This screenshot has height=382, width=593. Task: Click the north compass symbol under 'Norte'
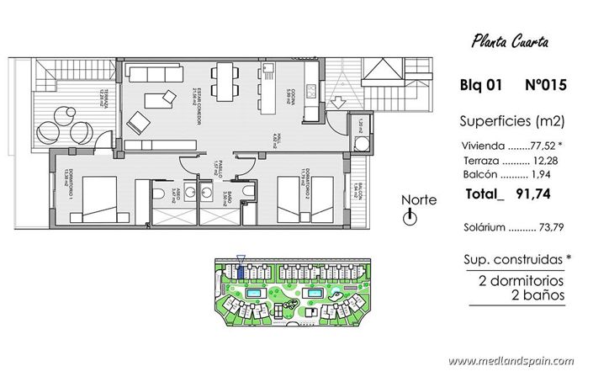click(410, 218)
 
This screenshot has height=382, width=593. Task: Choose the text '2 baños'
click(537, 295)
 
